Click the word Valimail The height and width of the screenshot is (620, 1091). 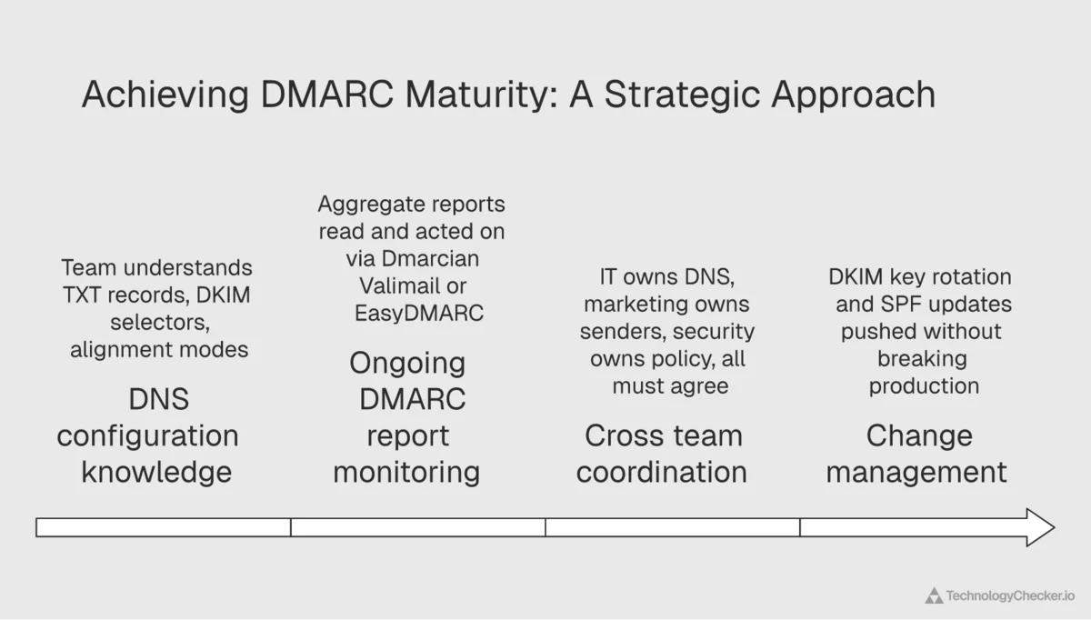click(399, 285)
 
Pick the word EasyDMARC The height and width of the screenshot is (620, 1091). click(419, 313)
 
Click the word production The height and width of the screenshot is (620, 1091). click(924, 385)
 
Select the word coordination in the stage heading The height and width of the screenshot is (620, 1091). click(662, 472)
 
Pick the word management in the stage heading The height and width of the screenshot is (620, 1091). click(916, 472)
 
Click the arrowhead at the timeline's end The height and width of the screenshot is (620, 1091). click(1039, 527)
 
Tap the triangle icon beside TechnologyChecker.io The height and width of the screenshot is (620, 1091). click(934, 596)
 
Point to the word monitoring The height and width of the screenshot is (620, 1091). click(406, 472)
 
